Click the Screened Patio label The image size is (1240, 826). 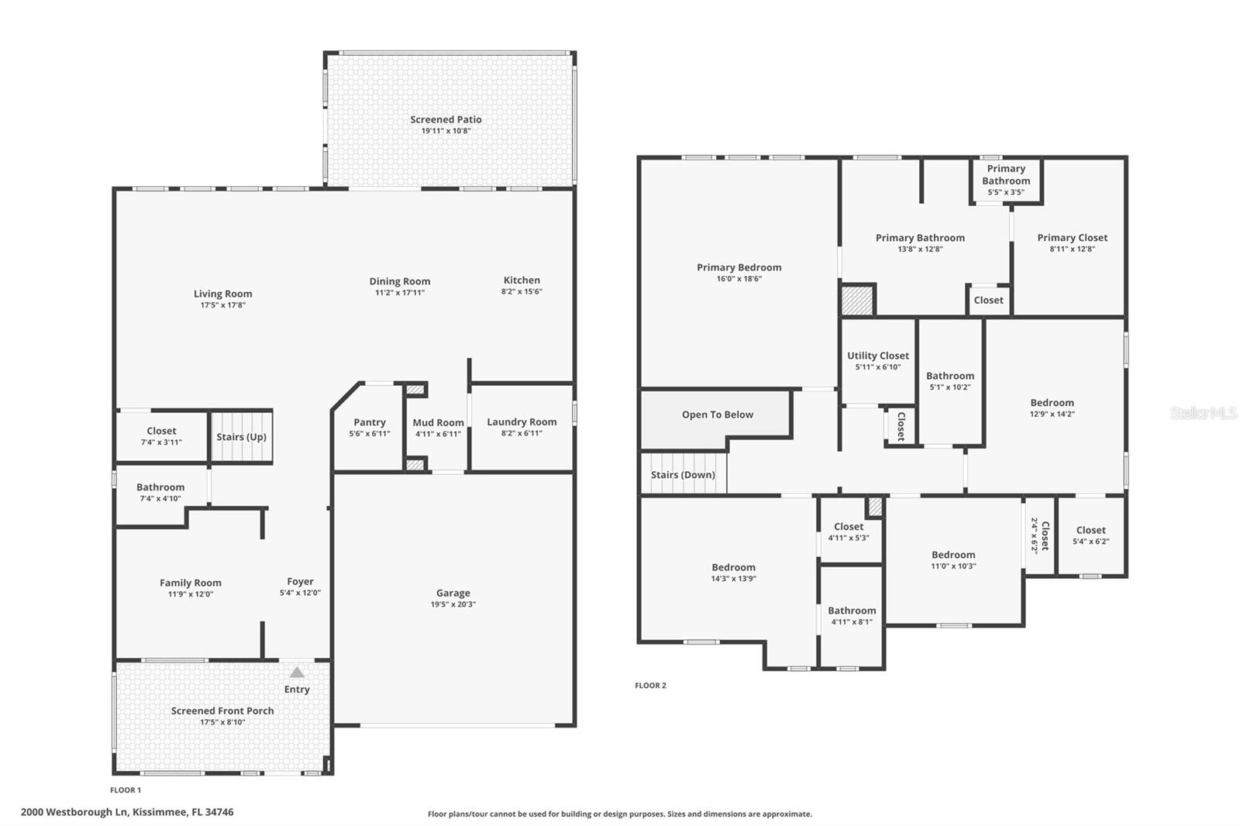coord(446,119)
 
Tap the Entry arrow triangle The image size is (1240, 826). coord(297,672)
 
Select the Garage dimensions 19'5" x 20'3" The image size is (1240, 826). coord(453,604)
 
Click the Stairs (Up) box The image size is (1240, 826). coord(241,437)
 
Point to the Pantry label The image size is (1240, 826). coord(370,422)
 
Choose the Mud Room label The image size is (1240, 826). coord(438,422)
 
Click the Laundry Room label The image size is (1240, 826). coord(522,422)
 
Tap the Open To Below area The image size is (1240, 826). coord(717,415)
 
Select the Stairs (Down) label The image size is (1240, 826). coord(683,474)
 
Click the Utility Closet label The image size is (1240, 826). coord(878,356)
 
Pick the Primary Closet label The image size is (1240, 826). coord(1072,238)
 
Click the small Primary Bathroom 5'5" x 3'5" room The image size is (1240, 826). coord(1006,181)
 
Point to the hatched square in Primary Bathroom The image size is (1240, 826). coord(858,300)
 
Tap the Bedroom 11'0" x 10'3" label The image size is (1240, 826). coord(953,555)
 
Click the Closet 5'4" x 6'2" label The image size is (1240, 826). coord(1090,530)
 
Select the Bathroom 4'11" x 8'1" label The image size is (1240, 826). coord(852,611)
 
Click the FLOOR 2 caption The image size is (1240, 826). coord(650,685)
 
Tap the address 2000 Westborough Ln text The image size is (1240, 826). coord(127,812)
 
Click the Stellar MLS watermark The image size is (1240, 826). coord(1204,413)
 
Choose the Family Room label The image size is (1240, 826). coord(191,583)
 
